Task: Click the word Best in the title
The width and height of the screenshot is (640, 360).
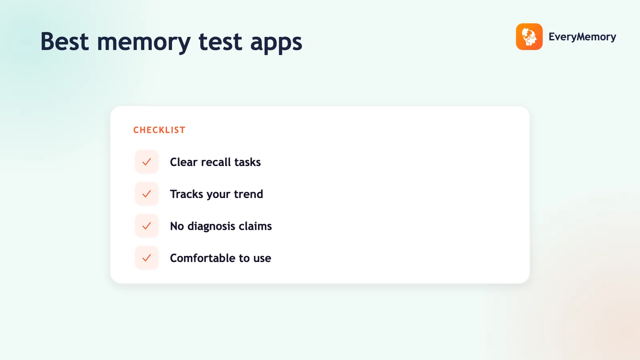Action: tap(64, 42)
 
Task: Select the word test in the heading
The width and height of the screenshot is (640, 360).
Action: tap(220, 42)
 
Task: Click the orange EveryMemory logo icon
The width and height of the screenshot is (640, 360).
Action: tap(529, 36)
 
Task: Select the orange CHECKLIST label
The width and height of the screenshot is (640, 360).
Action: tap(160, 130)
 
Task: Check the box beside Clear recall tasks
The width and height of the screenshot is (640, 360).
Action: tap(146, 162)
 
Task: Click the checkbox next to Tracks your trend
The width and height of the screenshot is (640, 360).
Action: tap(146, 194)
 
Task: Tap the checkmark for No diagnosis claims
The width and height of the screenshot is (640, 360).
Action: tap(146, 226)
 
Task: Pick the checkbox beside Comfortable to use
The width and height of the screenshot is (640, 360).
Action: tap(146, 258)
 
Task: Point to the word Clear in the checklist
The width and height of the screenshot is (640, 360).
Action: tap(184, 162)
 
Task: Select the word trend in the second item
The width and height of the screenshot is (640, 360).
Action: tap(248, 194)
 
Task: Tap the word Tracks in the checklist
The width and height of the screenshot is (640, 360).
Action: tap(186, 194)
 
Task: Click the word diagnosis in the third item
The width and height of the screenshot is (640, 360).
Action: tap(212, 226)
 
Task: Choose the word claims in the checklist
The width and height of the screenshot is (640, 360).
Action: tap(255, 226)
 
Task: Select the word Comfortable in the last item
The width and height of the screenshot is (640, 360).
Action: tap(202, 258)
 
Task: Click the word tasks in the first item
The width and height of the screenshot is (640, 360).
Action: tap(248, 162)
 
